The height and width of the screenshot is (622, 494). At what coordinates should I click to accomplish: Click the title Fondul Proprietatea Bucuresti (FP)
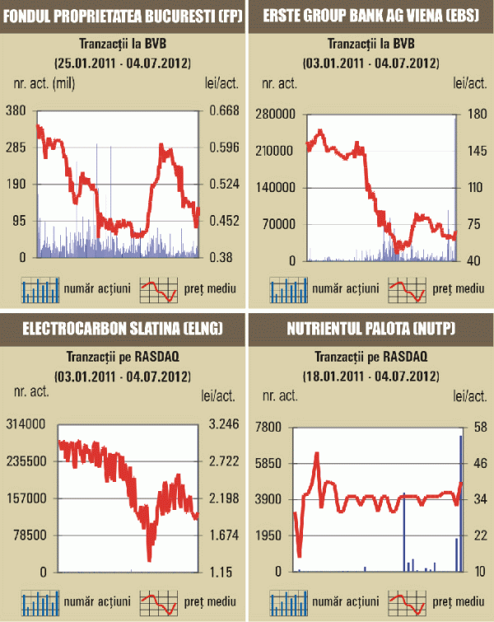coord(123,15)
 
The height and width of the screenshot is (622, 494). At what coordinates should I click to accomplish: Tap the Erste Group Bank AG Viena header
coord(371,15)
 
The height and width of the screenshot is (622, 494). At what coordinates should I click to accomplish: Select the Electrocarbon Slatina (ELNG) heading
coord(123,330)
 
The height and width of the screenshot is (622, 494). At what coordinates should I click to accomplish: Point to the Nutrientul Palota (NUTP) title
coord(371,330)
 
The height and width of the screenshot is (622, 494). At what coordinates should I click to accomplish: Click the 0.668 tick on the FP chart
coord(221,111)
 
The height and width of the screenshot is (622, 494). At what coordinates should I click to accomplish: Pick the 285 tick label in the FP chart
coord(17,148)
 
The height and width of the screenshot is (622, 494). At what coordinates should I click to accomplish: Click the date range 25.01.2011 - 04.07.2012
coord(123,63)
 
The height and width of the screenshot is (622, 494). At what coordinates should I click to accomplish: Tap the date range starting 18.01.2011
coord(371,377)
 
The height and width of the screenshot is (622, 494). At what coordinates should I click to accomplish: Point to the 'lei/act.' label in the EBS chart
coord(467,84)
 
